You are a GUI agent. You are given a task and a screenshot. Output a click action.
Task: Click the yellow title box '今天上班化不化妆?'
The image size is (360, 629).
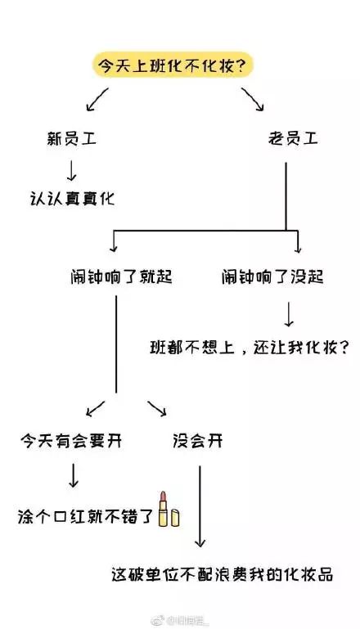click(x=173, y=67)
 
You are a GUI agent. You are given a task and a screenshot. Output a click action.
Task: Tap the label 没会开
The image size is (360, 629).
click(x=197, y=441)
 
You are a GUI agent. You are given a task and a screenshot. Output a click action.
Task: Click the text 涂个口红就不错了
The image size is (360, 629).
click(x=85, y=517)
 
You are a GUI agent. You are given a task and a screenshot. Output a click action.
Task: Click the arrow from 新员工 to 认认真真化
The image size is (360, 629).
click(x=70, y=169)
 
